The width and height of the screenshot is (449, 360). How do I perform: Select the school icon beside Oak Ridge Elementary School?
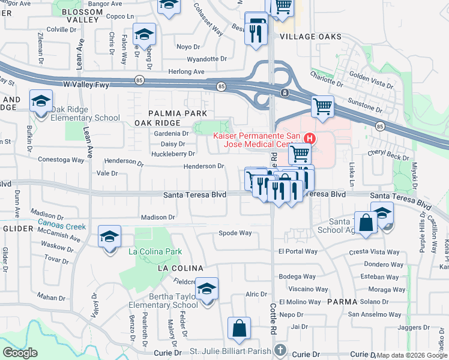coord(41,101)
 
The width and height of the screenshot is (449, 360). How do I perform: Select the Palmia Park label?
coord(178,113)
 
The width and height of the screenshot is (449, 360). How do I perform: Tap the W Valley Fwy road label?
coord(86,85)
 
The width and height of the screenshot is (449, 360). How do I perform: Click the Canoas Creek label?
coord(61,226)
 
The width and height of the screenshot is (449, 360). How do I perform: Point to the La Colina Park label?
coord(155,251)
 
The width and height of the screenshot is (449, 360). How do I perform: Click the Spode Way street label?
coord(235,233)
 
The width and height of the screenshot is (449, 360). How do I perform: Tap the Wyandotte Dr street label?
coord(206,59)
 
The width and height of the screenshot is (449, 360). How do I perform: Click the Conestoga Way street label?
coord(61,160)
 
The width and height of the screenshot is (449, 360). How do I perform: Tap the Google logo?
coord(20,353)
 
